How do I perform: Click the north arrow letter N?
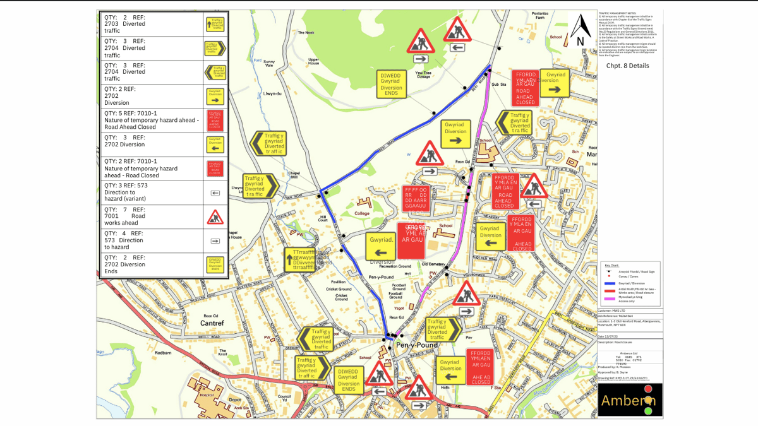coord(580,42)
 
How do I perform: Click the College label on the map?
coord(361,213)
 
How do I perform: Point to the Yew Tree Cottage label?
coord(423,75)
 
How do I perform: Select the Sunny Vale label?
coord(269,62)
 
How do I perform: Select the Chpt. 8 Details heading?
coord(627,66)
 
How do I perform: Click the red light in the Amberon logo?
coord(647,389)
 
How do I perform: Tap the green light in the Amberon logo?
coord(647,411)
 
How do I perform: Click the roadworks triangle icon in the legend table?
coord(215,218)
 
